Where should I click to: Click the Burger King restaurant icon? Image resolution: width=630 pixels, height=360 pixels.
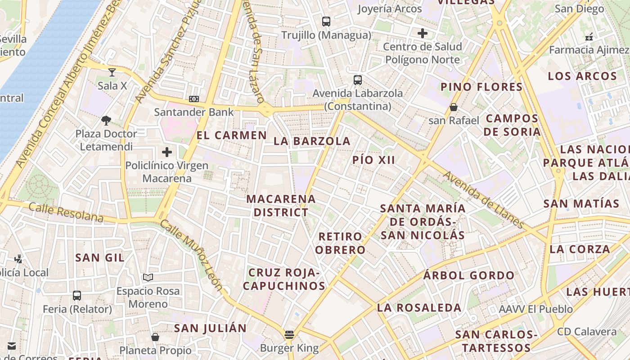pos(289,335)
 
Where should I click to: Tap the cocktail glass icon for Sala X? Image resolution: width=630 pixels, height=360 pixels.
pos(112,72)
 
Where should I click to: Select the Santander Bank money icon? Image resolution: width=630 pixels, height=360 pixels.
pos(194,99)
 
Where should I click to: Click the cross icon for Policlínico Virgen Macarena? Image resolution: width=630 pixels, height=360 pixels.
pos(167,152)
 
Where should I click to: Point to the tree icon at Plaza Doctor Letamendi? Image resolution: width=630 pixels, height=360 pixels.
pos(106,120)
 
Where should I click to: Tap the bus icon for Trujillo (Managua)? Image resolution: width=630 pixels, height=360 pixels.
pos(326,21)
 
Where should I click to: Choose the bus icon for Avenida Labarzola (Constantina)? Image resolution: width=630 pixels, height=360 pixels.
pos(358,80)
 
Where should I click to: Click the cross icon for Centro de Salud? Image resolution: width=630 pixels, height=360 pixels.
pos(422,33)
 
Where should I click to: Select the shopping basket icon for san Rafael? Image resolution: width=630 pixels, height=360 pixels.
pos(454,107)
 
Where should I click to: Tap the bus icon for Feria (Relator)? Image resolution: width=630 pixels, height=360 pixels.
pos(77,296)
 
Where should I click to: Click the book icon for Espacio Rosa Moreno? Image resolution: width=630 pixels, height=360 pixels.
pos(148,277)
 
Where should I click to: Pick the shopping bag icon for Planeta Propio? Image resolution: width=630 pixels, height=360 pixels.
pos(155,337)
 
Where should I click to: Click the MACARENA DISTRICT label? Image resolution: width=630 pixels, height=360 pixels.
pos(281,205)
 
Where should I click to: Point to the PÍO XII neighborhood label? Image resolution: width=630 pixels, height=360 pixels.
pos(373,160)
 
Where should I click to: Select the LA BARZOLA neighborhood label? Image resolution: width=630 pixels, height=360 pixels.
pos(312,141)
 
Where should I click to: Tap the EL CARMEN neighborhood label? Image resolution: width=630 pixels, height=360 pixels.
pos(232,135)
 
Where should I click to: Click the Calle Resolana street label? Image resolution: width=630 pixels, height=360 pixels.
pos(66,212)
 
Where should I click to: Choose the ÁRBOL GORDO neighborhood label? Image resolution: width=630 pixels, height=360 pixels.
pos(468,275)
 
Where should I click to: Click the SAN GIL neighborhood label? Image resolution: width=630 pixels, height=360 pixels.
pos(100,257)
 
